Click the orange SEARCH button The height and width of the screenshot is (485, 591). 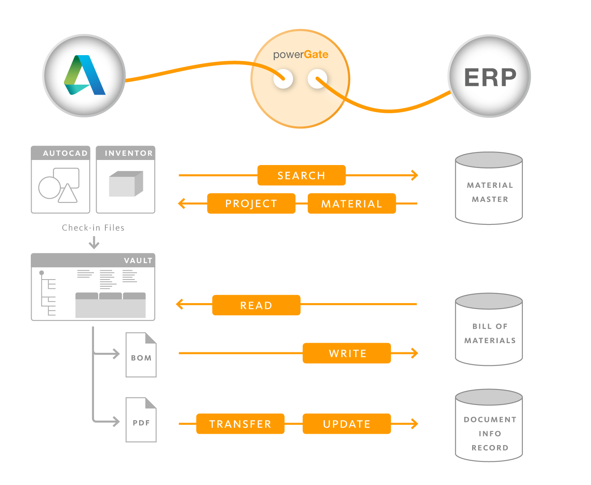click(301, 176)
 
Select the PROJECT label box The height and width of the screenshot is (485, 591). click(251, 204)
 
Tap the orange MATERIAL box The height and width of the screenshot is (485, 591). click(352, 204)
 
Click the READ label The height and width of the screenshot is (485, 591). click(256, 305)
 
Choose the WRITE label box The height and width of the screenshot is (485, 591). click(347, 353)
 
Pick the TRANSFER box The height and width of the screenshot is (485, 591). click(240, 424)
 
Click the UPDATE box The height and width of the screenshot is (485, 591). click(347, 424)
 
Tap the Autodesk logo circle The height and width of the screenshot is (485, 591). click(84, 76)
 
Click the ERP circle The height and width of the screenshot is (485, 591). click(489, 77)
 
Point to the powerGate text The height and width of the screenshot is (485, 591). click(301, 55)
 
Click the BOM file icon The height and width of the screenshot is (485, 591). click(141, 355)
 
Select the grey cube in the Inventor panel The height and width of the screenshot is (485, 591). click(126, 184)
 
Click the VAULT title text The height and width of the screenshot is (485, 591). click(138, 261)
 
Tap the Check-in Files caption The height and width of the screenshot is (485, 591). click(93, 228)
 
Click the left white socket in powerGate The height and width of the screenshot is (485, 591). click(283, 79)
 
